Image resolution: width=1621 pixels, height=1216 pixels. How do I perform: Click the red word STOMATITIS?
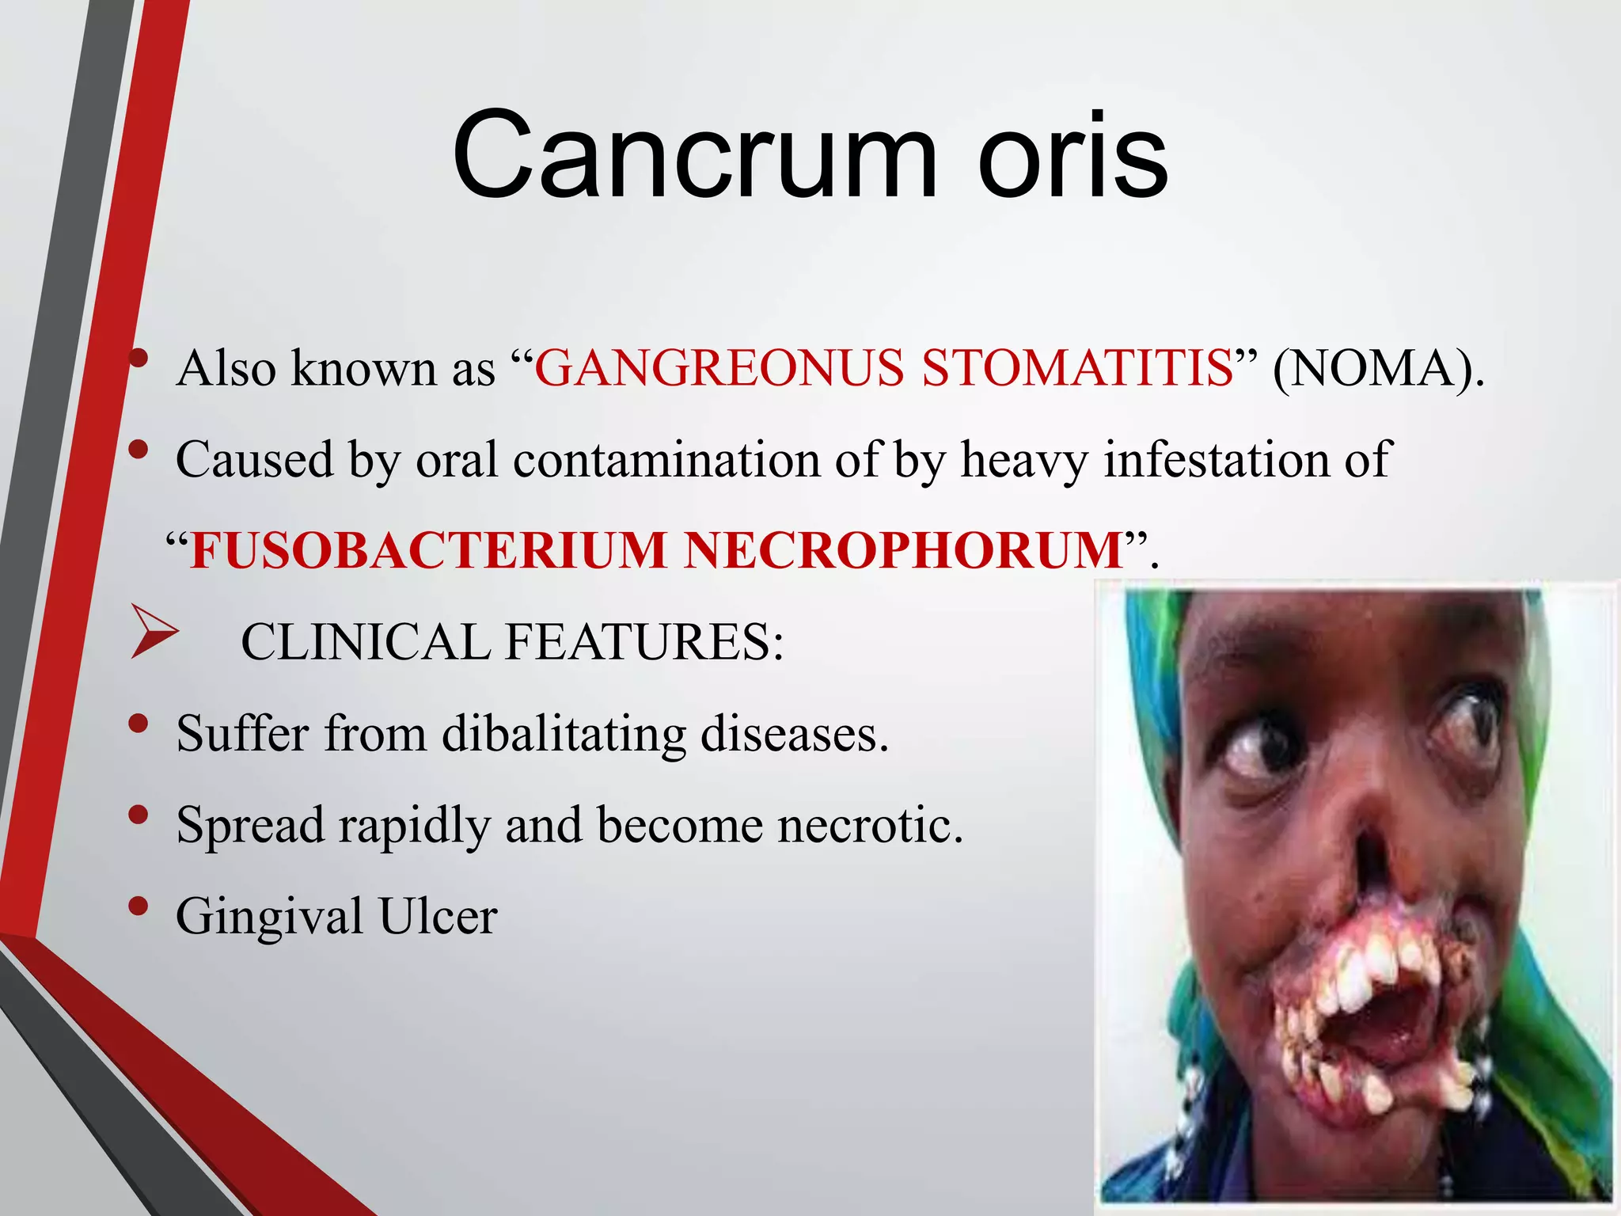click(1078, 368)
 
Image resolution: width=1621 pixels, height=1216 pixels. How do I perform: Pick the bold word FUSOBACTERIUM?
click(428, 550)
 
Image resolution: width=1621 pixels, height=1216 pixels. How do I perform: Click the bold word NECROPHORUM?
click(903, 550)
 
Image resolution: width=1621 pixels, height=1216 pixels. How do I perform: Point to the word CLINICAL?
click(365, 641)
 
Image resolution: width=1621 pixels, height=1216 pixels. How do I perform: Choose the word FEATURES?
click(644, 641)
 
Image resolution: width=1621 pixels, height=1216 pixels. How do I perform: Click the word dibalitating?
click(564, 733)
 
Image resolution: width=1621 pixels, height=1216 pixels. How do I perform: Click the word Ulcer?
click(438, 917)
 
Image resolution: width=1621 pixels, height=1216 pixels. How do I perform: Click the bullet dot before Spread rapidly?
click(139, 815)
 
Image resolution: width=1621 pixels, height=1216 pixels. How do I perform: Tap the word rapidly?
click(413, 825)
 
